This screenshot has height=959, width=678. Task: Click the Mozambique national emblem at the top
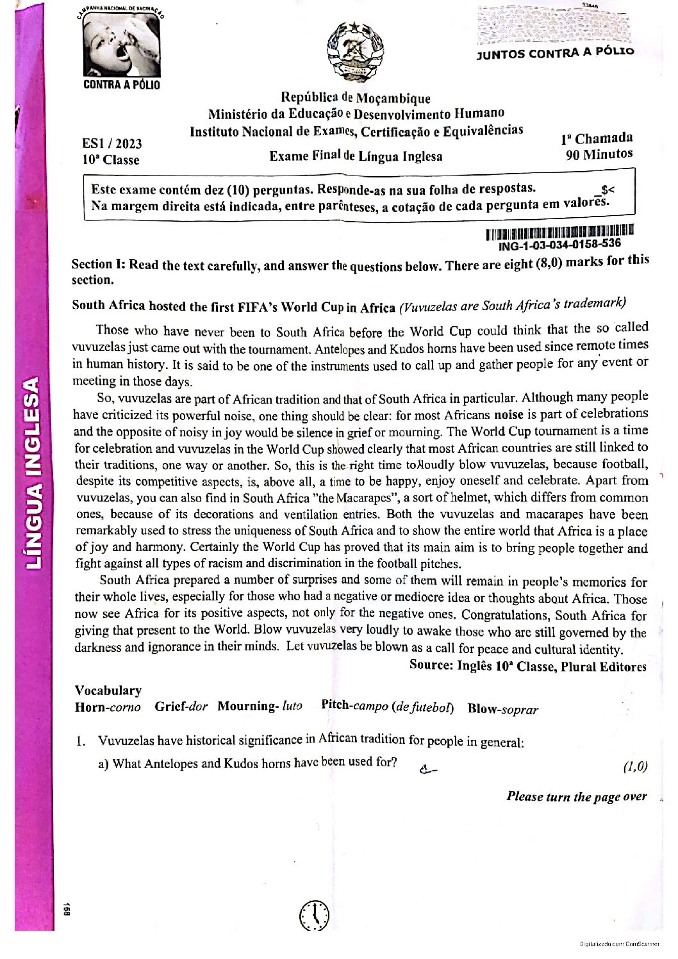355,52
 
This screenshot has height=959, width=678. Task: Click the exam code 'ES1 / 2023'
112,143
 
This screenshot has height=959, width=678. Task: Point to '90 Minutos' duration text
599,154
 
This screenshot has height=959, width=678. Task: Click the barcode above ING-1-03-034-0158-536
559,231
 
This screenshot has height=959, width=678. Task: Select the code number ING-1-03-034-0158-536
559,244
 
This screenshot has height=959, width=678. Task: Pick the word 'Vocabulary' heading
108,690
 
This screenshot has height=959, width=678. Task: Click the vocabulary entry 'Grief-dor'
181,707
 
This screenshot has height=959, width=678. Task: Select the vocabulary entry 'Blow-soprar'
502,709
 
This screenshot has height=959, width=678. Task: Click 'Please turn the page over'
576,796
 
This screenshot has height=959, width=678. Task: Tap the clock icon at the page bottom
314,915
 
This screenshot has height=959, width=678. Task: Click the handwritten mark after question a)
427,769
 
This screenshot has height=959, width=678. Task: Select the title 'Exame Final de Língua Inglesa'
356,156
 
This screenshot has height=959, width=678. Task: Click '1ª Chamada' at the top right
597,138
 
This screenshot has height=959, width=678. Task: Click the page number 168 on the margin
65,909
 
